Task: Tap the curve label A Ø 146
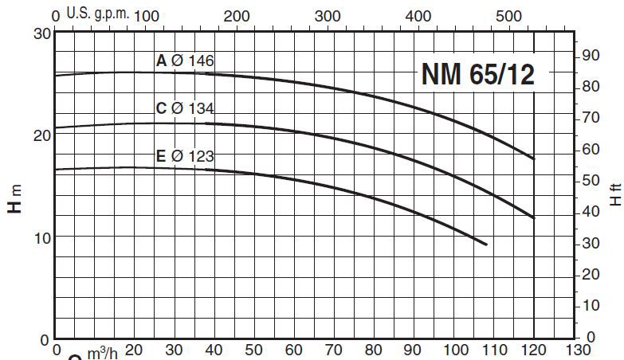coord(186,61)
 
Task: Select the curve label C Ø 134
coord(186,108)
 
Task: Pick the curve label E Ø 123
coord(186,156)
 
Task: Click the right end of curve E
coord(485,244)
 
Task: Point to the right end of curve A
coord(533,158)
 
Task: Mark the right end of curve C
coord(533,217)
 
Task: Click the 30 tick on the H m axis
coord(42,33)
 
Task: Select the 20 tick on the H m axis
coord(42,135)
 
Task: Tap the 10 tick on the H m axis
coord(42,237)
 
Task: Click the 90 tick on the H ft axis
coord(590,55)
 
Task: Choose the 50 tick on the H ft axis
coord(590,180)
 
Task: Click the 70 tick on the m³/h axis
coord(334,350)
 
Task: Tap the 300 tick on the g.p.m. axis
coord(328,15)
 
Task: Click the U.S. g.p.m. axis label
coord(97,14)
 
